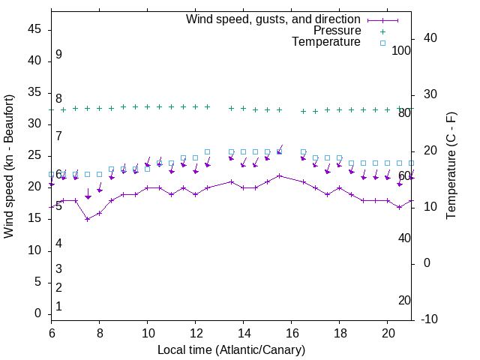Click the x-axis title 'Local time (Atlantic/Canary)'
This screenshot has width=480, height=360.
point(231,349)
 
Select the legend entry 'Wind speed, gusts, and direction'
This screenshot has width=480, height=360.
point(273,19)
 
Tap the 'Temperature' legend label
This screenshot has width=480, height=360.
point(326,43)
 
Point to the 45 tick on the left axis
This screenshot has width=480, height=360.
point(34,29)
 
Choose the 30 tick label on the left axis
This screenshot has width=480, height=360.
point(34,124)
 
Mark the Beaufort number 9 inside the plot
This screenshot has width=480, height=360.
point(58,55)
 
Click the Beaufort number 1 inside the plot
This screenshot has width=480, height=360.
point(58,306)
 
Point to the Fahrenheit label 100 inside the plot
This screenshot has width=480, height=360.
point(401,51)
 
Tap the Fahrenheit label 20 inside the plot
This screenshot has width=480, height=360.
point(404,300)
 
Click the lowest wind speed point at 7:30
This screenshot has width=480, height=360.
point(87,219)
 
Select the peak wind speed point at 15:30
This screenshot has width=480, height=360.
point(279,175)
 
